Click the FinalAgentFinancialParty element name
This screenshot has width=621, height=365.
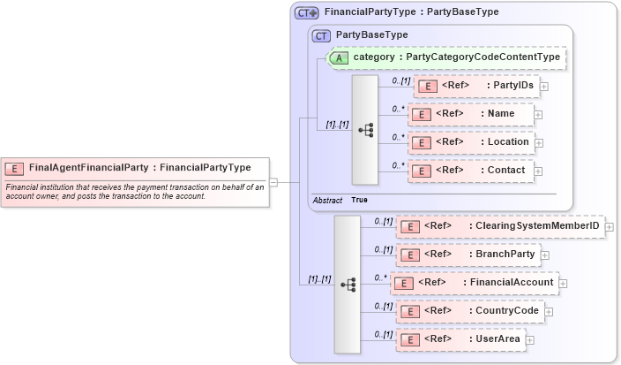[88, 167]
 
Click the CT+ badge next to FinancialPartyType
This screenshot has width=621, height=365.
[306, 12]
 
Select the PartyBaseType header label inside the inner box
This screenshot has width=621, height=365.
[372, 34]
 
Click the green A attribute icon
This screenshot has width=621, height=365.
[338, 57]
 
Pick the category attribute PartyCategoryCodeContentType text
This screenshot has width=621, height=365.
[456, 57]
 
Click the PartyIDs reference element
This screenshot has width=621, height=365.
[476, 86]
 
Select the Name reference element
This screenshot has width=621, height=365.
[470, 114]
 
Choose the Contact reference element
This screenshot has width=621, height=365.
[472, 171]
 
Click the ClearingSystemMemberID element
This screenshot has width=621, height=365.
[500, 226]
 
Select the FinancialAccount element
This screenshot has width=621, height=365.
[475, 283]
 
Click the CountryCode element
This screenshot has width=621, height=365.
[470, 311]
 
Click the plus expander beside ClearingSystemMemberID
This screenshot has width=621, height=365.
[609, 227]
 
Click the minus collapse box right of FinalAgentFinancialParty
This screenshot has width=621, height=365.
[273, 183]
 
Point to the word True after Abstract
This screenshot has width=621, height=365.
[359, 201]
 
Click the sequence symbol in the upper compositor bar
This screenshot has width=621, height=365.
[364, 129]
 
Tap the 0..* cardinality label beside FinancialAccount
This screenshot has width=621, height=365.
[380, 278]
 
